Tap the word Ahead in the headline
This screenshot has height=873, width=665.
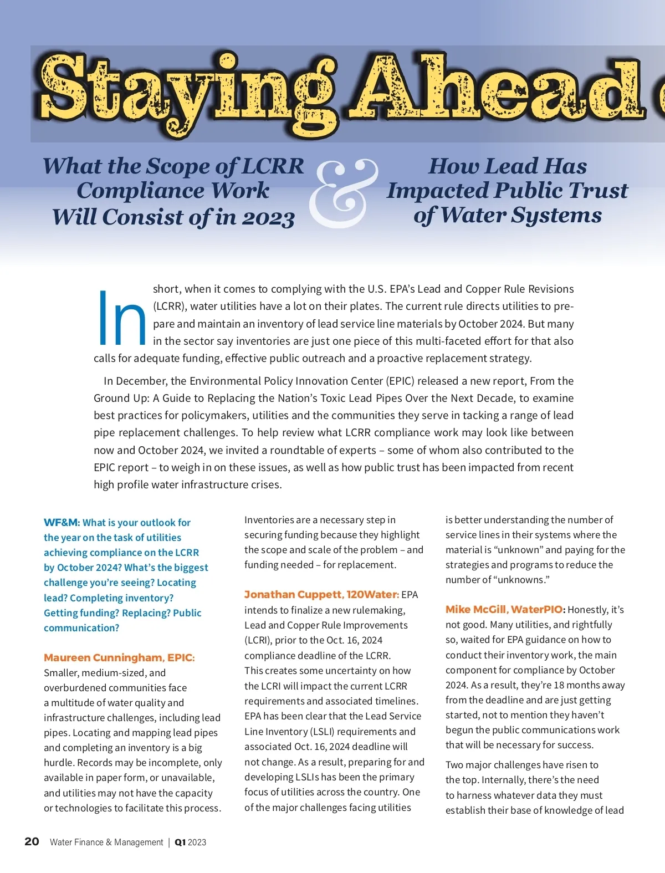(x=499, y=89)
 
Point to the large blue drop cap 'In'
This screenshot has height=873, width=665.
(x=121, y=319)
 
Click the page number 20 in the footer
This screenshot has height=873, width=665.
(x=32, y=841)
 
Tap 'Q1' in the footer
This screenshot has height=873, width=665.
(x=180, y=843)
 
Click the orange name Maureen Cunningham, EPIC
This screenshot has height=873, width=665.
(x=119, y=658)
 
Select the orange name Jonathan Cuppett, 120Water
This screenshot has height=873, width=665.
(x=321, y=595)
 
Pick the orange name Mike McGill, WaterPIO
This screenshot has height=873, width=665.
(x=504, y=610)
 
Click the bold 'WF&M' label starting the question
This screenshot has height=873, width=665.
(x=62, y=523)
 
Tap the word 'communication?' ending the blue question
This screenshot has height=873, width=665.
(x=81, y=628)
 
